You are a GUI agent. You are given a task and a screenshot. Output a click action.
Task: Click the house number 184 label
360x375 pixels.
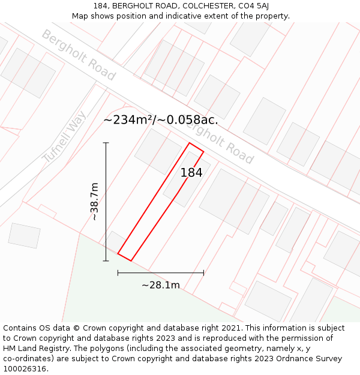point(191,173)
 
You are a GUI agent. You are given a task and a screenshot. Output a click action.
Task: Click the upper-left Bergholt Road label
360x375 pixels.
point(78,55)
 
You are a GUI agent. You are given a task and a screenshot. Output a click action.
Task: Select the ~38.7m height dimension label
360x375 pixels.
point(95,202)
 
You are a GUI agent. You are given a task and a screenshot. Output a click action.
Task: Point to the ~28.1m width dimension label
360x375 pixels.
point(160,285)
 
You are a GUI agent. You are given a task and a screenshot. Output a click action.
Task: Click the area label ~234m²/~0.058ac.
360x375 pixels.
point(160,119)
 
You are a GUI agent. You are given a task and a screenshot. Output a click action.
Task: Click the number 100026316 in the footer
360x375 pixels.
point(26,369)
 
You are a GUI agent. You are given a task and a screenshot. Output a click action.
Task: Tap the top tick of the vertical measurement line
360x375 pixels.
point(106,143)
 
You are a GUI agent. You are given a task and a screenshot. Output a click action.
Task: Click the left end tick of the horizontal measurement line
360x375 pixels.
point(118,272)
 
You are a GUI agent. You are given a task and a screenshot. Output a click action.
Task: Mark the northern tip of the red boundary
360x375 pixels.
point(190,143)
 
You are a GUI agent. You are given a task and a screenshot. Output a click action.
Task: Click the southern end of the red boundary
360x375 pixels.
point(124,257)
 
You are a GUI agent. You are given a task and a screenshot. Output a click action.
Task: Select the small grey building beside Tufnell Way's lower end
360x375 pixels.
point(24,235)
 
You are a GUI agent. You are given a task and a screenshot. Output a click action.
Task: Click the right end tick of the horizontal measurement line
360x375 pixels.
point(203,272)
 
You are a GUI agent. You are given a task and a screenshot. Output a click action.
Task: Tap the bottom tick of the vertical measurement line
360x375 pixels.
point(106,261)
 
